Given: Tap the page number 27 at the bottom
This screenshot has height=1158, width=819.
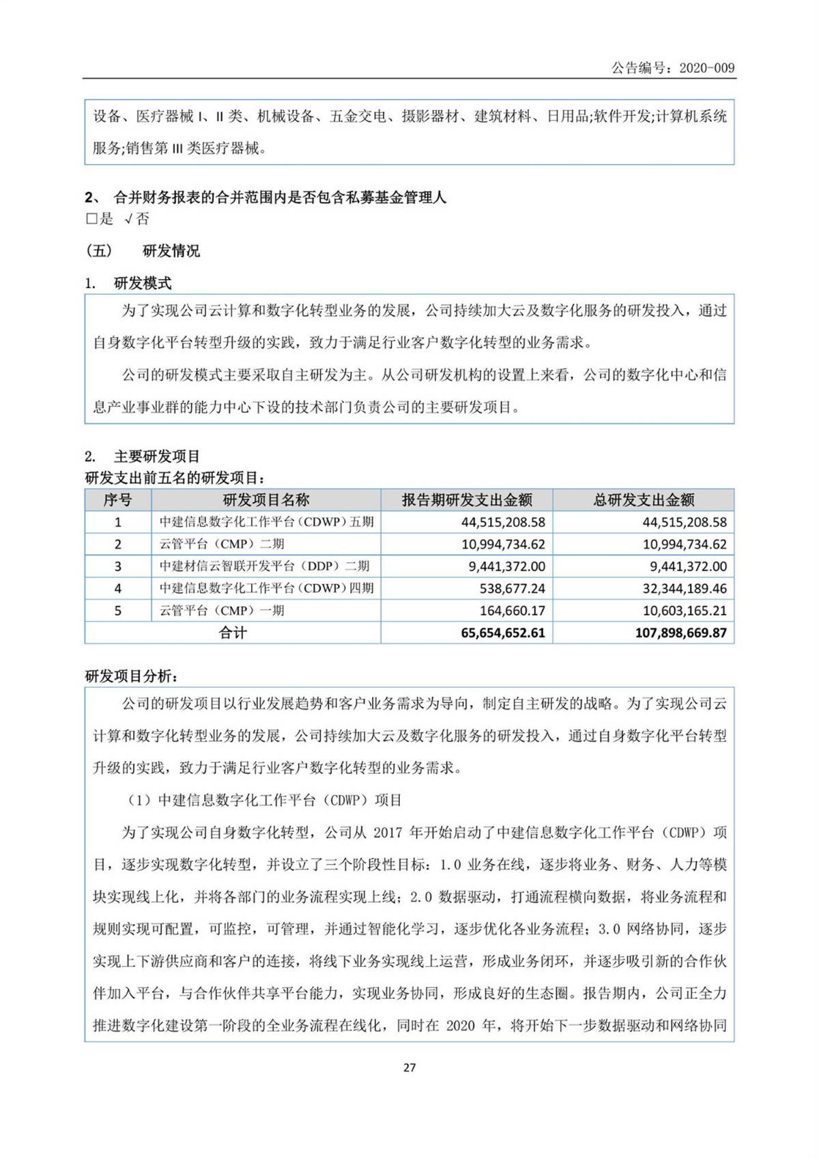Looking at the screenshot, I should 409,1067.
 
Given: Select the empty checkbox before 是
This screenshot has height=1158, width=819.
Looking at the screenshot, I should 91,219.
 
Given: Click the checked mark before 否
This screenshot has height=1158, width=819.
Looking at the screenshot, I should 128,219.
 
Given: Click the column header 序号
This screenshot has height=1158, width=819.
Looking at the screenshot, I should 117,500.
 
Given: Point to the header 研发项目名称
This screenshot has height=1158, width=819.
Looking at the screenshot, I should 265,500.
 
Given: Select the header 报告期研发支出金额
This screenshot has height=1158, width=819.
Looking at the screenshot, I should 467,500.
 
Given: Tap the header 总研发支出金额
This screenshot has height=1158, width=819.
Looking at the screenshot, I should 644,500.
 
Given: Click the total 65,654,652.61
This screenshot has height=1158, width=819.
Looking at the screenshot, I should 503,633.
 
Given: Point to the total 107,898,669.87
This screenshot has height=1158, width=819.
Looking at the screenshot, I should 680,633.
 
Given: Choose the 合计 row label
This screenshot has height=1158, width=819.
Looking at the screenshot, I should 232,633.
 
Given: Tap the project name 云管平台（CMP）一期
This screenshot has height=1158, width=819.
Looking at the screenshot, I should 222,611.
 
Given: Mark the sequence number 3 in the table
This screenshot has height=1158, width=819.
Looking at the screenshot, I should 117,566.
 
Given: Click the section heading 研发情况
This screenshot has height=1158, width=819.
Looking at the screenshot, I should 171,251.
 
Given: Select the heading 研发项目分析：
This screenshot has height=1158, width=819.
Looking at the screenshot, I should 132,676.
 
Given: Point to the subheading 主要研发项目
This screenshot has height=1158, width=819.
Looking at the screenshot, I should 157,457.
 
